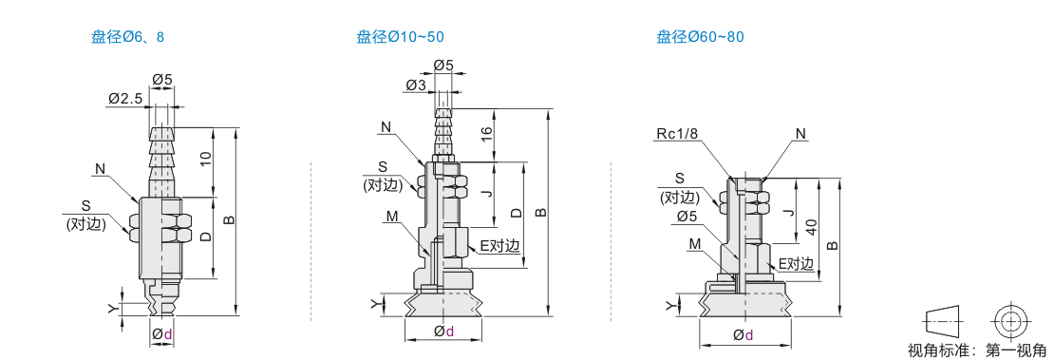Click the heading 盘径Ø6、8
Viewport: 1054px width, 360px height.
coord(128,36)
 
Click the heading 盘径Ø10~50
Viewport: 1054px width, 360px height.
coord(400,36)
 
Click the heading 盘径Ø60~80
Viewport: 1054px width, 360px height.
coord(701,36)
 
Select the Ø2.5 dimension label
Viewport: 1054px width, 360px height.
coord(125,99)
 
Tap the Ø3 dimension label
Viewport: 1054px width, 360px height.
coord(416,85)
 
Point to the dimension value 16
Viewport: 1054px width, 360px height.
coord(488,135)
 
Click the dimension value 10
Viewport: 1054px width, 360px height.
coord(206,160)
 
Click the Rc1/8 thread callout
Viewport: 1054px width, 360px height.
coord(678,134)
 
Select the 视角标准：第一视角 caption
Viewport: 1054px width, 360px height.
coord(977,350)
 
